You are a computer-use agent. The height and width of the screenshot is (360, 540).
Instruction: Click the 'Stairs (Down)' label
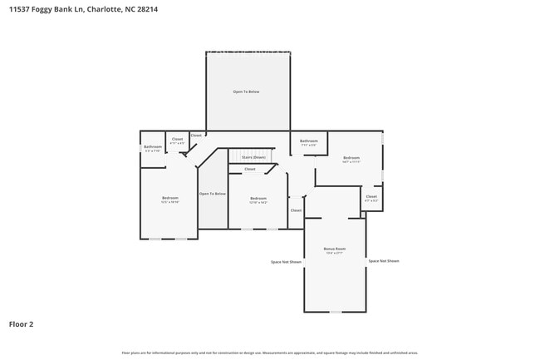click(x=253, y=157)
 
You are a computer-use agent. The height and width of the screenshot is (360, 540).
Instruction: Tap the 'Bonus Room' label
click(x=335, y=249)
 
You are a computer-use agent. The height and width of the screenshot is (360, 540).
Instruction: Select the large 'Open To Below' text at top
click(x=246, y=91)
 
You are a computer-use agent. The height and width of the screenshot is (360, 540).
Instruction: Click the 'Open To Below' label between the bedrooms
click(x=212, y=193)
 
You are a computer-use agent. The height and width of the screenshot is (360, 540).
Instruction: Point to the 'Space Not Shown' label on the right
click(x=384, y=261)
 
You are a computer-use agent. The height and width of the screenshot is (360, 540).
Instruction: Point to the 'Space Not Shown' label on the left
click(x=286, y=262)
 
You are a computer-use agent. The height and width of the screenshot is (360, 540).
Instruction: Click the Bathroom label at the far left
click(x=153, y=147)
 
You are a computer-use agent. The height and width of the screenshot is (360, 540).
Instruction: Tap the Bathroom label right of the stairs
click(x=309, y=141)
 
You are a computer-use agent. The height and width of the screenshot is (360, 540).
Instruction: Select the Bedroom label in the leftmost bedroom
click(x=169, y=197)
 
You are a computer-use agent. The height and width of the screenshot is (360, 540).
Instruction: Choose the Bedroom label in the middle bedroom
click(x=258, y=198)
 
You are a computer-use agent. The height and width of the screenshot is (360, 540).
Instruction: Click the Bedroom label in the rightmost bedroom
click(x=351, y=158)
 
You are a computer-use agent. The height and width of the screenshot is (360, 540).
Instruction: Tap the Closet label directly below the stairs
click(x=249, y=169)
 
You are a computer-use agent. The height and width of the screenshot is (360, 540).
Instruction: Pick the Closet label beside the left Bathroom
click(x=177, y=139)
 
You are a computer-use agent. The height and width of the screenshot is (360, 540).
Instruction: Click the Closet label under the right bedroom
click(x=371, y=197)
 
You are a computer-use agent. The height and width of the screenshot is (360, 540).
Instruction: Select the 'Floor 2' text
click(x=21, y=324)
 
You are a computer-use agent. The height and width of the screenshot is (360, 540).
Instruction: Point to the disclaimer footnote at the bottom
click(x=270, y=353)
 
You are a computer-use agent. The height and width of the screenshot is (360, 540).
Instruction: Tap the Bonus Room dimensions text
click(x=335, y=253)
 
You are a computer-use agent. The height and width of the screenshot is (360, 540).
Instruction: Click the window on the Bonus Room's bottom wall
click(x=335, y=312)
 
